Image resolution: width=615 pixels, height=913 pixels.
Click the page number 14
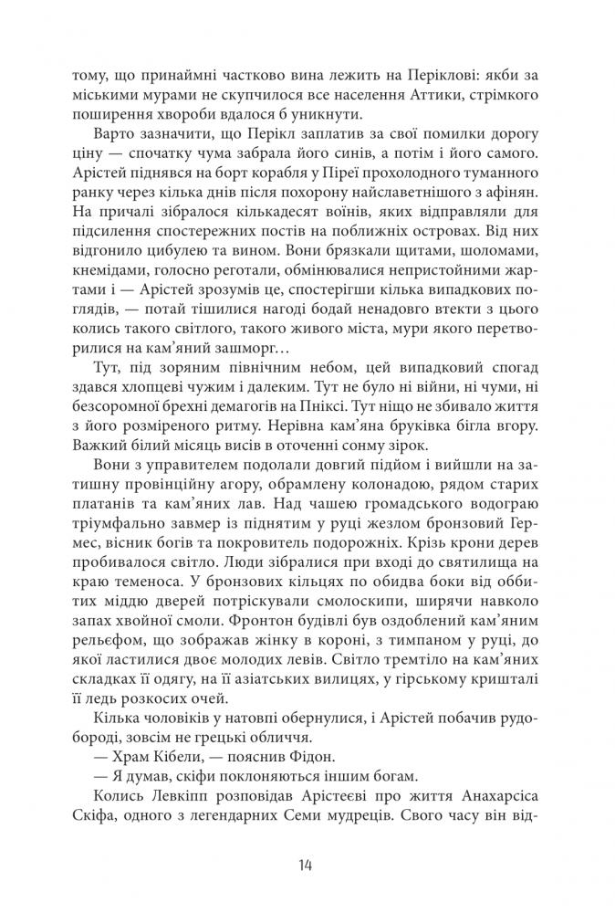tap(307, 866)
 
